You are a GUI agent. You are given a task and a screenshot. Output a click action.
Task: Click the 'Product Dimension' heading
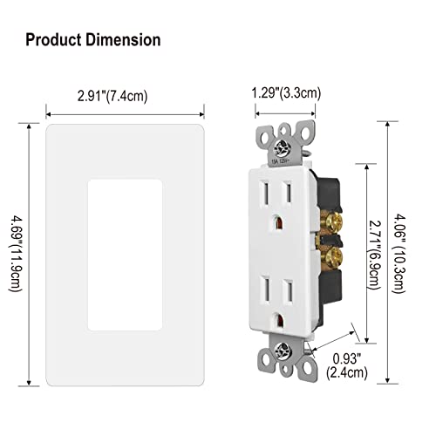(x=92, y=40)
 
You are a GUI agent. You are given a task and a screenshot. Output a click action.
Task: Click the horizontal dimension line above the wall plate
(x=123, y=112)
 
